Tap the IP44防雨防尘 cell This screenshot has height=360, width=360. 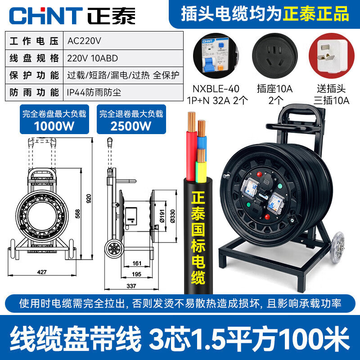(x=94, y=93)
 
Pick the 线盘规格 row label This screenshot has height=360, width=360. (x=34, y=58)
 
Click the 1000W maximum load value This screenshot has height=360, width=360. (x=55, y=126)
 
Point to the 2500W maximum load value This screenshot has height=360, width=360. (x=131, y=126)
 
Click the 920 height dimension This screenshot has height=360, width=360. (x=89, y=198)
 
